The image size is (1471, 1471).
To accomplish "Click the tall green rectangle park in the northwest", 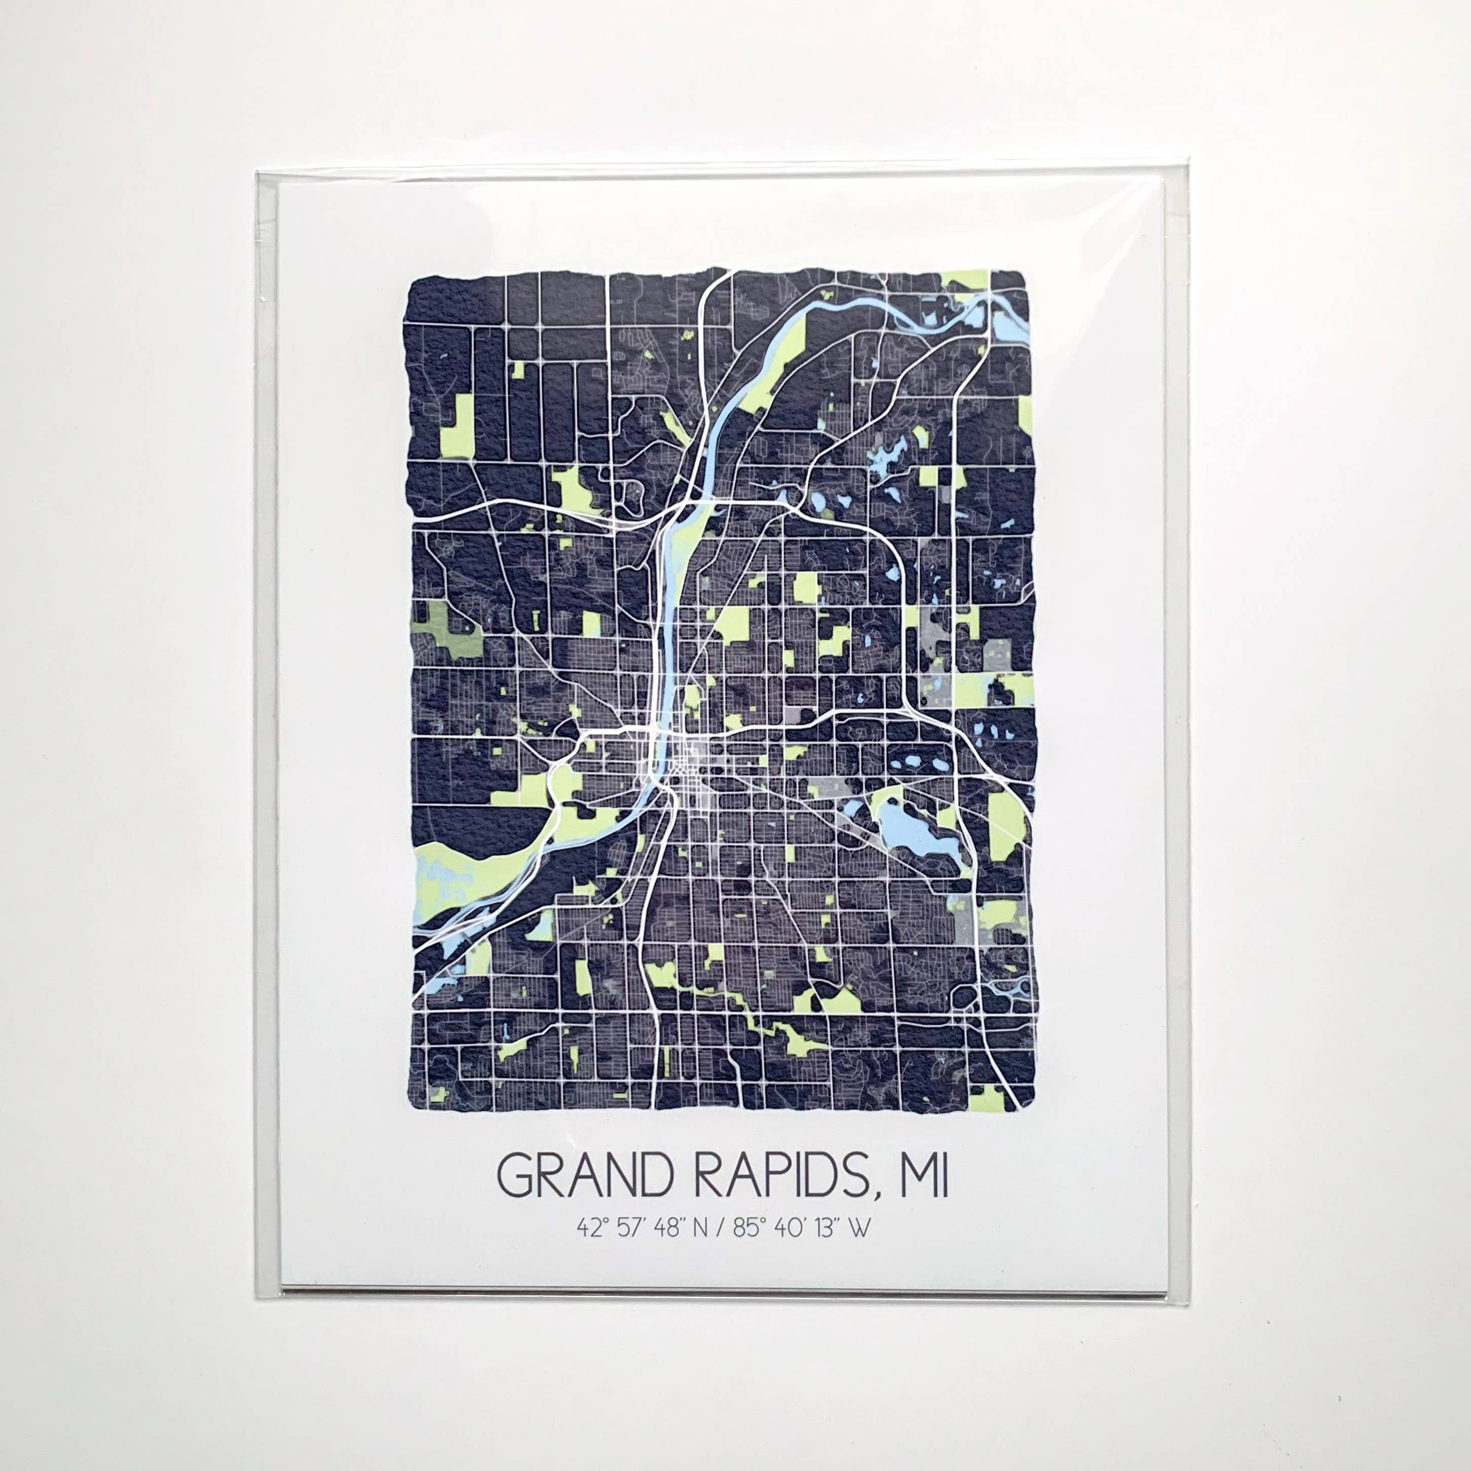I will click(x=457, y=426).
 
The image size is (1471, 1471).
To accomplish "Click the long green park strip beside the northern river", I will click(x=769, y=373).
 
